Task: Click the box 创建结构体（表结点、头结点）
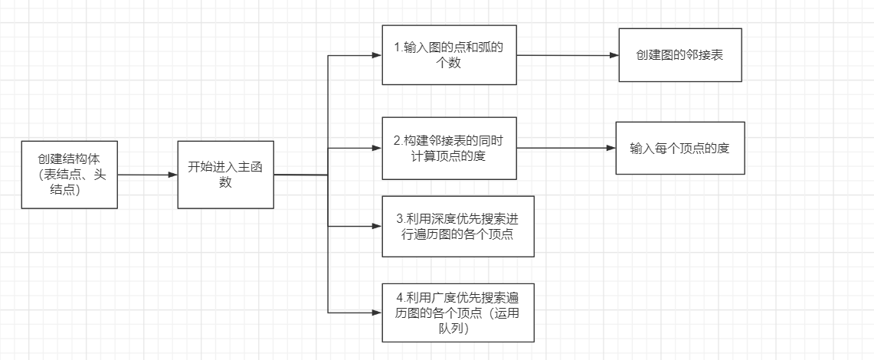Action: click(70, 175)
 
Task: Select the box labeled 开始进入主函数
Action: click(225, 175)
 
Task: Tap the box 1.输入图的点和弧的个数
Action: click(448, 55)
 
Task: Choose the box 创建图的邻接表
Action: click(679, 55)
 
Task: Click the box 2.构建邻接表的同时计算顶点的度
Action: click(448, 148)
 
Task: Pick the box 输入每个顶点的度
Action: click(679, 148)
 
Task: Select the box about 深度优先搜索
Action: click(457, 226)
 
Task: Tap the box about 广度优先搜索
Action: click(457, 313)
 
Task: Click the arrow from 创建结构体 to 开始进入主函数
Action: click(148, 175)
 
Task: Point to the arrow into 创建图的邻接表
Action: click(567, 55)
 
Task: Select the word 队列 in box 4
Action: click(449, 329)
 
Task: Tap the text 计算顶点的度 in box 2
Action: click(449, 155)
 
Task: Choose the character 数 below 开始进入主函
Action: click(225, 183)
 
